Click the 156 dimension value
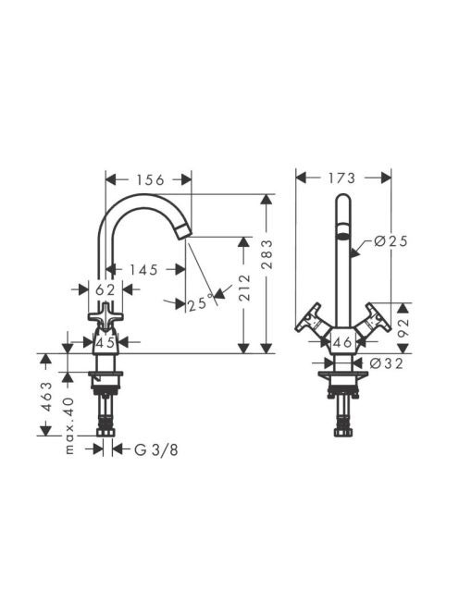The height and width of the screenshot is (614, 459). [x=150, y=179]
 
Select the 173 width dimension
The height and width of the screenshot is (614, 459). [x=341, y=178]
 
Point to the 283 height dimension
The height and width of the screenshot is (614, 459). [x=267, y=253]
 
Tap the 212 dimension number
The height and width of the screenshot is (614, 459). [x=243, y=288]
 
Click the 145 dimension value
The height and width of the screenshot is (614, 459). [x=143, y=269]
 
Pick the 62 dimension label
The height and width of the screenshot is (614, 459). [x=105, y=289]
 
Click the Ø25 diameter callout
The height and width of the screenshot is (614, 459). [x=391, y=240]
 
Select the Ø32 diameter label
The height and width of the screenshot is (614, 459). [x=386, y=363]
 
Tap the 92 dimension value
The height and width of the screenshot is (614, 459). [x=403, y=324]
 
